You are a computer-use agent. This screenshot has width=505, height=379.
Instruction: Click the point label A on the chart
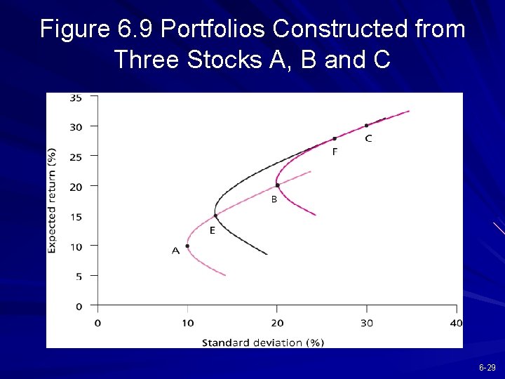176,251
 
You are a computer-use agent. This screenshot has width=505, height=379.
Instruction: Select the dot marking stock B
278,185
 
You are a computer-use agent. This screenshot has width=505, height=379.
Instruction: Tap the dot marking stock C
366,126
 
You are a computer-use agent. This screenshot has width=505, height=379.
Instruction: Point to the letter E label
213,230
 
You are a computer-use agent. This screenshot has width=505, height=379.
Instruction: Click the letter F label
335,152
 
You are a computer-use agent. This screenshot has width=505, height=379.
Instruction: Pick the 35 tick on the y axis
75,98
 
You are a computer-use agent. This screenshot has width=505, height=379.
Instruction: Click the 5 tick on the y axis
78,277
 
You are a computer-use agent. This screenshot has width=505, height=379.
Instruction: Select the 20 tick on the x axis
277,323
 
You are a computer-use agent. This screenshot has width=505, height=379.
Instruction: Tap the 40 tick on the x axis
456,323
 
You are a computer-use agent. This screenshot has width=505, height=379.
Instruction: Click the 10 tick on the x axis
187,323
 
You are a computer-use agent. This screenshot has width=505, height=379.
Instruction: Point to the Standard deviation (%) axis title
263,343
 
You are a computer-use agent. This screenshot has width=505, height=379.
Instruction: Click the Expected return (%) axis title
53,201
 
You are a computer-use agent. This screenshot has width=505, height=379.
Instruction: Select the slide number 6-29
487,368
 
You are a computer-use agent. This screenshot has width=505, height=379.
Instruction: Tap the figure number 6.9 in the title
134,29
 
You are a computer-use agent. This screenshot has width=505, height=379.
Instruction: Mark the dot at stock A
187,246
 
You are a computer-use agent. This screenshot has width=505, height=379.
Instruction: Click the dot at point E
215,215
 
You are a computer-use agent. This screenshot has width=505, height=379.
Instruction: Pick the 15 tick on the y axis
75,217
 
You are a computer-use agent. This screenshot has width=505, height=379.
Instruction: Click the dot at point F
335,139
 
